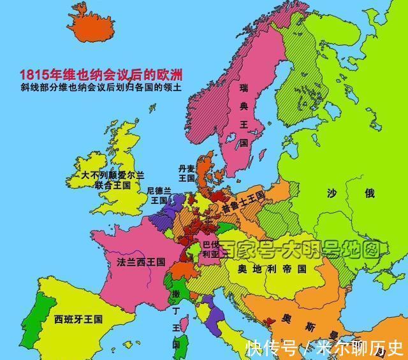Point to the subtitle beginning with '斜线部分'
[101, 89]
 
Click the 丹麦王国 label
[186, 173]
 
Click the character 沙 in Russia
[332, 192]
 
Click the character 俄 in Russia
[370, 192]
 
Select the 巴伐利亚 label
[210, 248]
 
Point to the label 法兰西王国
[141, 262]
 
